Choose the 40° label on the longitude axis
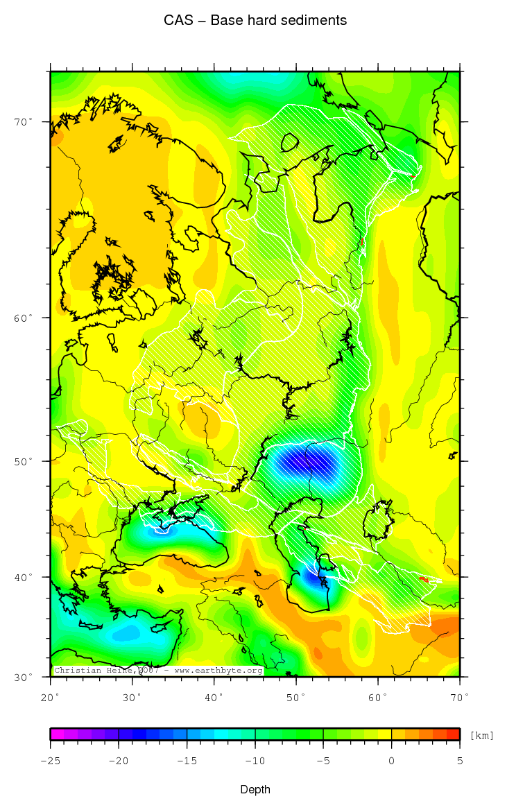pos(214,696)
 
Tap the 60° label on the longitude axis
pos(378,696)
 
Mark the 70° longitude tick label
pos(460,696)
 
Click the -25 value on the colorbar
pos(50,761)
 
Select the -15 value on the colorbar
pos(187,761)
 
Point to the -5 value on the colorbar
pos(323,761)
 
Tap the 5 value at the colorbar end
pos(460,761)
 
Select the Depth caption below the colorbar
pos(255,790)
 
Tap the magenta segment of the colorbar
pos(57,734)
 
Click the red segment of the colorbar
pos(453,734)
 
